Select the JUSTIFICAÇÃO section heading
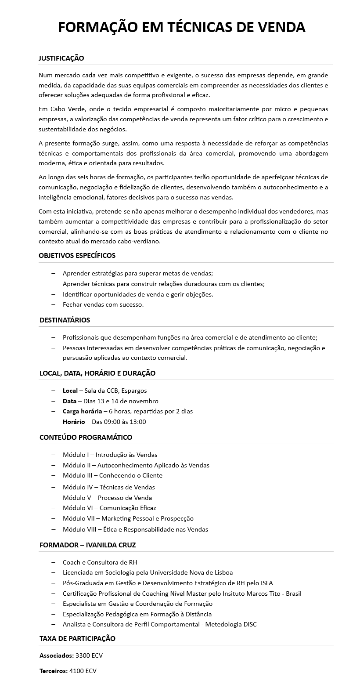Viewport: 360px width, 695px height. click(61, 58)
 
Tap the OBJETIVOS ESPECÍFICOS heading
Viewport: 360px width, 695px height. click(77, 255)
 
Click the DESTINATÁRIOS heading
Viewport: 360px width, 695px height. click(65, 320)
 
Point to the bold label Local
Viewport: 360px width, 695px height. click(70, 391)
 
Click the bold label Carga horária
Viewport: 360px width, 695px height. click(82, 411)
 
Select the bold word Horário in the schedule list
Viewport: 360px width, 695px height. click(74, 422)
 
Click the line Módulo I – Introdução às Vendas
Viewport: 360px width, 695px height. click(110, 455)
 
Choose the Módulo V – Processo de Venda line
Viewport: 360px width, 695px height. click(107, 498)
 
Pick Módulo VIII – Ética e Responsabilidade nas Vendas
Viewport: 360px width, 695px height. click(135, 529)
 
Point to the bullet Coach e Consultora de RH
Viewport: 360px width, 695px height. click(100, 562)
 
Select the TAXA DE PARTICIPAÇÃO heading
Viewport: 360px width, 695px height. click(77, 638)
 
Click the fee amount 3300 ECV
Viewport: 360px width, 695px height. click(89, 655)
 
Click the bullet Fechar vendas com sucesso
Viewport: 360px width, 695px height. click(103, 304)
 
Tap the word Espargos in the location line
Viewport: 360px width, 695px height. click(134, 391)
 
